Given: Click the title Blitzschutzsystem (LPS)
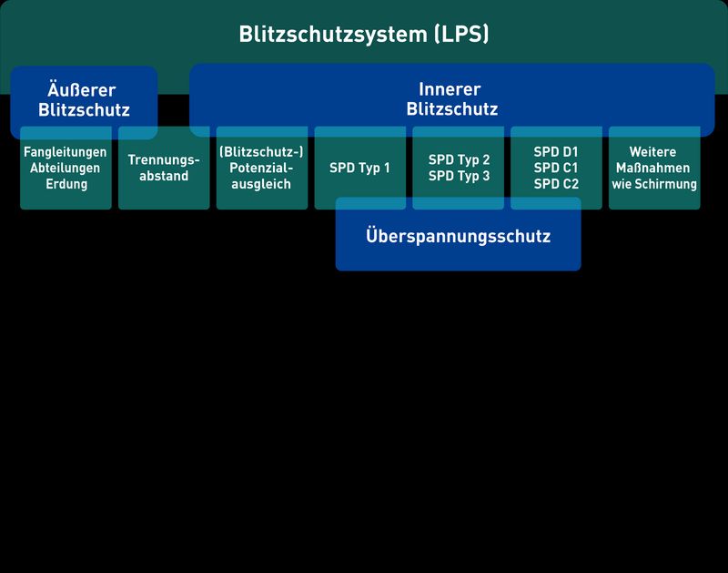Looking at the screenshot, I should click(x=364, y=35).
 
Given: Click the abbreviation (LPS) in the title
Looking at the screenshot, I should click(x=461, y=35).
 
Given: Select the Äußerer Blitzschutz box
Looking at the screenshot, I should click(x=84, y=100).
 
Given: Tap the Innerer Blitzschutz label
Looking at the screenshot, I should click(x=451, y=99).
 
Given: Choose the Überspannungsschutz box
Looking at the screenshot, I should click(x=458, y=236).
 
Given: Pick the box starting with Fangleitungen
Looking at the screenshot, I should click(x=66, y=169).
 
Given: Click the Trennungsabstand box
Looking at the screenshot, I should click(x=164, y=169).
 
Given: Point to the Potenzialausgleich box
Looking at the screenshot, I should click(x=262, y=169).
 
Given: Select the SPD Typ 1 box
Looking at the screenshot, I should click(x=360, y=169).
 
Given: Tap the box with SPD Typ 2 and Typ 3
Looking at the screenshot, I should click(x=459, y=169).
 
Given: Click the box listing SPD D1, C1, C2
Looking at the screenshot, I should click(x=556, y=169).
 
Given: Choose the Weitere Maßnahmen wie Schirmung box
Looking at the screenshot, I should click(x=653, y=169).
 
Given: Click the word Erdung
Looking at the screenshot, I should click(x=66, y=184).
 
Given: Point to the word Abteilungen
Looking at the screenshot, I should click(x=66, y=169).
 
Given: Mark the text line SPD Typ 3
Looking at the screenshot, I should click(x=459, y=177).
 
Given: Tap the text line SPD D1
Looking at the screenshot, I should click(x=556, y=152).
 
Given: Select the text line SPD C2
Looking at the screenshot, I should click(x=556, y=184).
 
